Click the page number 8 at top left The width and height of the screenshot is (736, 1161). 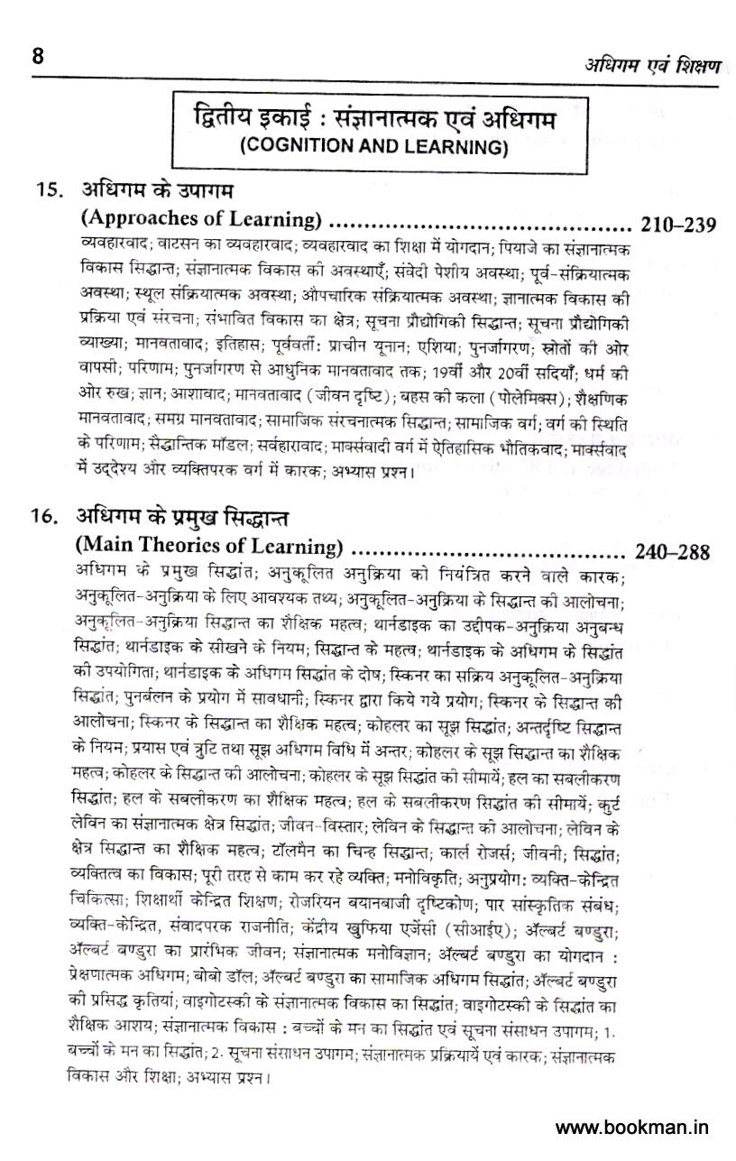point(38,56)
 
